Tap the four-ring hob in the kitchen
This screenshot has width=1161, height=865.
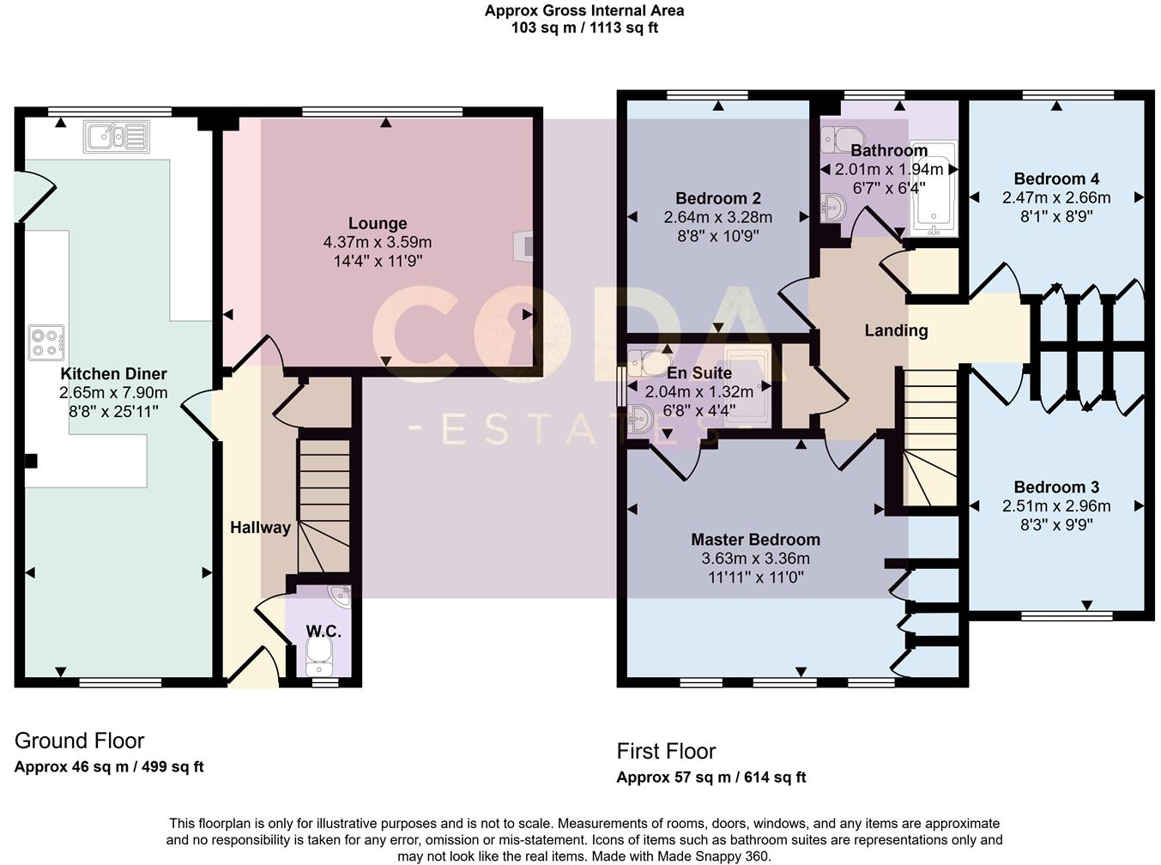click(46, 342)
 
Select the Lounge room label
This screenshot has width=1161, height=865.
click(378, 223)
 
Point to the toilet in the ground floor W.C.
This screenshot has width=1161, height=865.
click(318, 660)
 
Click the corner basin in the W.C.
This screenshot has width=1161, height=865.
click(339, 596)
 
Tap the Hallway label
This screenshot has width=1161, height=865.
click(260, 528)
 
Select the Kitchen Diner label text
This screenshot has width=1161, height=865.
click(113, 374)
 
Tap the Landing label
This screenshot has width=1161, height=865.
click(896, 330)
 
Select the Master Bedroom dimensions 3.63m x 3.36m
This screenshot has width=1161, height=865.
click(755, 559)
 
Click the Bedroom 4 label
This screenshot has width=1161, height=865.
click(1056, 178)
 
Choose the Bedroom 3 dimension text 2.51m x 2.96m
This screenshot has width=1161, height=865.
click(1056, 506)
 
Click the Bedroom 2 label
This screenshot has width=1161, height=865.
click(718, 198)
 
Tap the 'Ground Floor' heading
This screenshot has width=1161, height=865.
click(79, 741)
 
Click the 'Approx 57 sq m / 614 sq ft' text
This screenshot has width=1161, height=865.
click(711, 777)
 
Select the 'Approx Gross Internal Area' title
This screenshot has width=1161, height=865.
click(584, 11)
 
